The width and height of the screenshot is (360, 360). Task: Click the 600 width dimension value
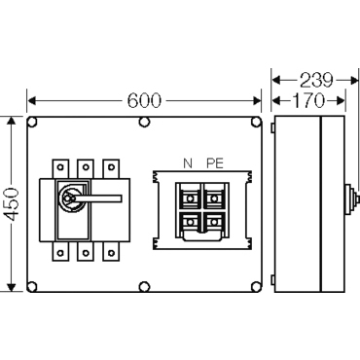[144, 100]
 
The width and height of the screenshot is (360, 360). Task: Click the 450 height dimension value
[14, 204]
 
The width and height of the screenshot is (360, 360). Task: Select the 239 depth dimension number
[316, 80]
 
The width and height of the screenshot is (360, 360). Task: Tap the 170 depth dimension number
[308, 100]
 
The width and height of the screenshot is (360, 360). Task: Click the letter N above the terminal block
[188, 163]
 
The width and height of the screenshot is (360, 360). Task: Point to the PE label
[215, 163]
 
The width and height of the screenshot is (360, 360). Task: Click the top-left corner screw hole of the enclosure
[32, 123]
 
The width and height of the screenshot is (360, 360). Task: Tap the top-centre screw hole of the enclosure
[144, 123]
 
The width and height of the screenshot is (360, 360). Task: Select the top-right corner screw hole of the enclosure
[256, 123]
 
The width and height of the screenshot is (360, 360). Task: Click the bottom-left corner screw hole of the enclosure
[32, 286]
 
